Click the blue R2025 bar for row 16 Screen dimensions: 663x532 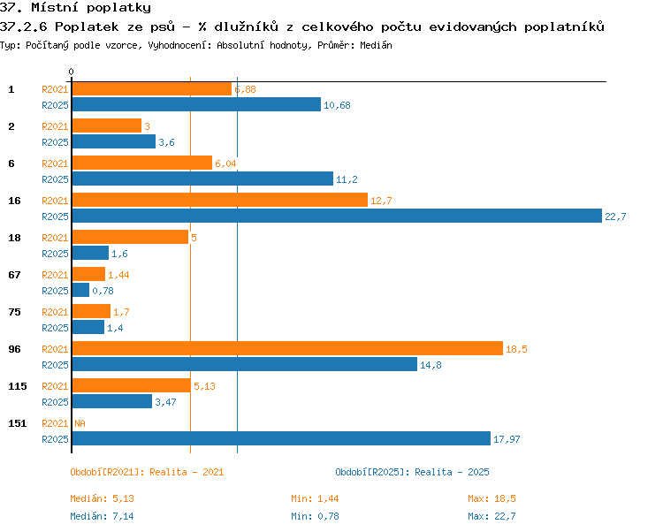337,216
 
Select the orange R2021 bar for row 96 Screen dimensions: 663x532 287,348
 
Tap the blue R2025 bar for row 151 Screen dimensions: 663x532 282,438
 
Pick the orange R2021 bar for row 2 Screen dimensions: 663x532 107,125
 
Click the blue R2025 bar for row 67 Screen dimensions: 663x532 80,290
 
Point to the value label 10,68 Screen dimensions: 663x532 337,105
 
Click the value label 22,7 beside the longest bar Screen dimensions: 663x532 615,217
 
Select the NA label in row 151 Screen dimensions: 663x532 80,423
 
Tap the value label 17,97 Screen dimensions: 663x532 507,439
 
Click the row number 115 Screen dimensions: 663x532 18,386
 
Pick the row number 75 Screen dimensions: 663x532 14,312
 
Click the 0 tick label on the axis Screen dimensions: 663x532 71,72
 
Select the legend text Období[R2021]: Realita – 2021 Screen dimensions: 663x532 147,472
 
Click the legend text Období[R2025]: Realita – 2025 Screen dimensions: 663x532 412,472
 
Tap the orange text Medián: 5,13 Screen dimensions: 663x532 102,498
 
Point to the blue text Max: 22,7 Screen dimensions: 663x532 492,516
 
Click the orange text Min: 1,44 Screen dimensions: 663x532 315,498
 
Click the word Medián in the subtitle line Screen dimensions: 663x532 376,45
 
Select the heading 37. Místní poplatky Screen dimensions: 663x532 75,8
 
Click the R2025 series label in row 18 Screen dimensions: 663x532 55,254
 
